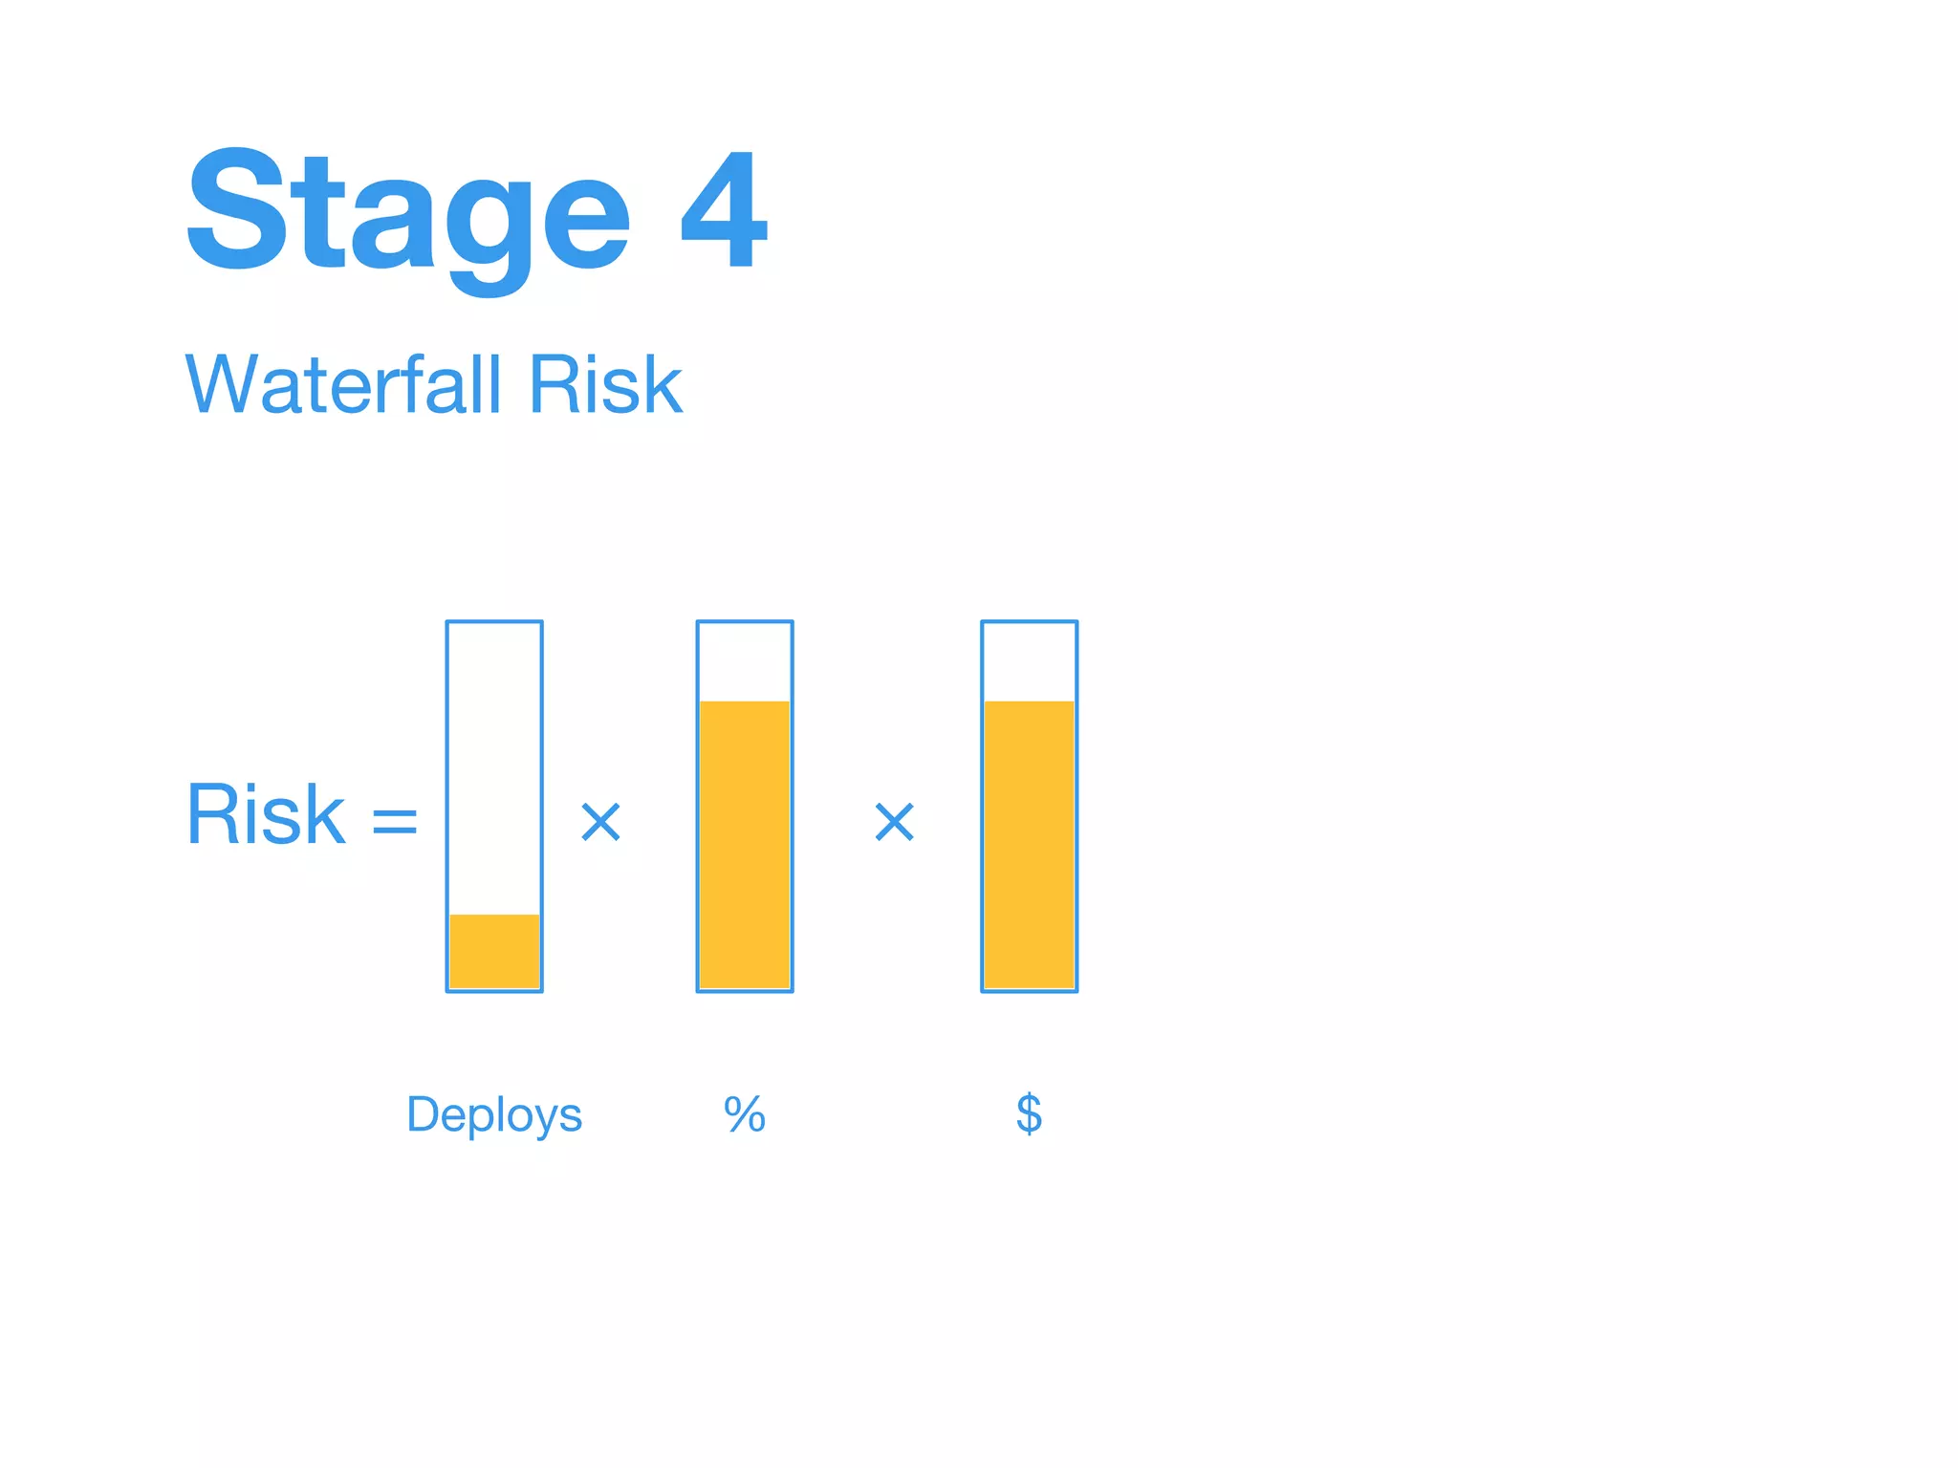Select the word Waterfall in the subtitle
[343, 384]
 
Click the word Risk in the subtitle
[605, 384]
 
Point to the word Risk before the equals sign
[265, 814]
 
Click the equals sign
[395, 820]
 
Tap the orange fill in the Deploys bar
[494, 951]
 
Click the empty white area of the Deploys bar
[494, 765]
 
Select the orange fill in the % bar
[745, 845]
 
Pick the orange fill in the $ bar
[1029, 845]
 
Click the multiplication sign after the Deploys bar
[601, 822]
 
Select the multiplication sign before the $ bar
[895, 822]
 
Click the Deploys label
[494, 1114]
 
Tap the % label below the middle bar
[745, 1114]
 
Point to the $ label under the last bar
[1029, 1114]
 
